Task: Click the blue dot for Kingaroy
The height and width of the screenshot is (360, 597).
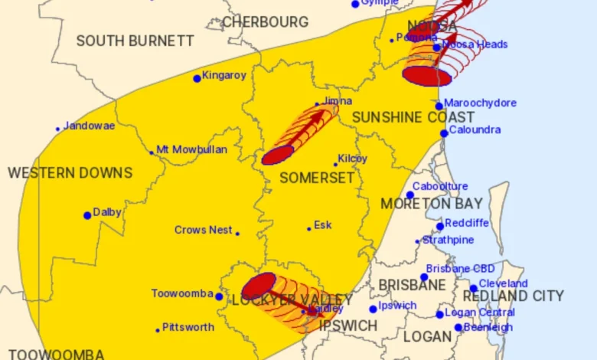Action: coord(197,78)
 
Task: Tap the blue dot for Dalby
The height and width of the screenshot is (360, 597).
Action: coord(87,215)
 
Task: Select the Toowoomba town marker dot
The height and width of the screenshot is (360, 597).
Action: coord(219,296)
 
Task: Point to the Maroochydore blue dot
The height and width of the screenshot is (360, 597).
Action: coord(439,106)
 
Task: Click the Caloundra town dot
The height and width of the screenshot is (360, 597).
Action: coord(444,133)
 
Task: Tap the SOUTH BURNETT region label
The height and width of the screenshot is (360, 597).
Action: coord(135,41)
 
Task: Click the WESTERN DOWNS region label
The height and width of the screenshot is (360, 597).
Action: coord(70,173)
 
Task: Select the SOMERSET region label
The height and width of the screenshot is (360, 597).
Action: coord(317,178)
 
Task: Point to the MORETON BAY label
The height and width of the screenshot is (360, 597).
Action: coord(431,204)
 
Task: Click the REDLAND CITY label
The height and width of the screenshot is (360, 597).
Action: coord(513,296)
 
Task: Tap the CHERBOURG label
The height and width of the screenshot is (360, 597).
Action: coord(265,22)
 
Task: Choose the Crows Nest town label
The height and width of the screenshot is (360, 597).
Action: coord(202,230)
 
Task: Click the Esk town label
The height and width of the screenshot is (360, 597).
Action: coord(323,225)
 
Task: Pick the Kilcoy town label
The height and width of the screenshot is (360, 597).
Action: coord(353,159)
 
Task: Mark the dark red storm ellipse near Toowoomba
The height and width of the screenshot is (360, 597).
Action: coord(259,286)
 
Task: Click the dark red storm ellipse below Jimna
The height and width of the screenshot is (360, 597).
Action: coord(278,155)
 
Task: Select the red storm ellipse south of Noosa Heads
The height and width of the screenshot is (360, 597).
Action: coord(426,76)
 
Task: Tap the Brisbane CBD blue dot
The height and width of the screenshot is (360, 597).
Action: coord(424,277)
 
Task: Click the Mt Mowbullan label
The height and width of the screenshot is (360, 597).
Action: coord(191,150)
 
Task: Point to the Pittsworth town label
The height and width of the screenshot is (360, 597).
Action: coord(188,327)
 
